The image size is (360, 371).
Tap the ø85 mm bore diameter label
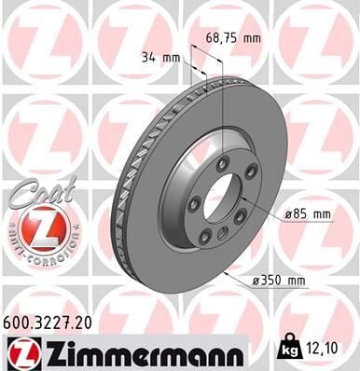point(310,214)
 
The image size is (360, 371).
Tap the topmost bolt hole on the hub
point(221,163)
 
